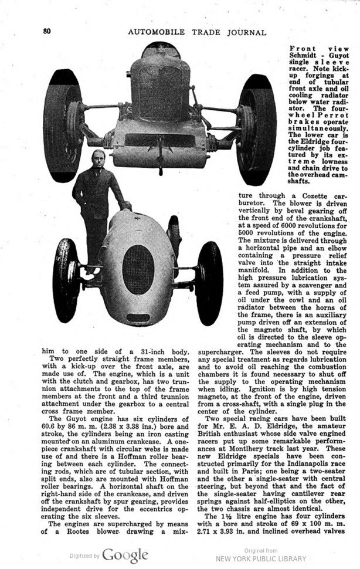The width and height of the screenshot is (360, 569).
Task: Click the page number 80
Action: coord(47,31)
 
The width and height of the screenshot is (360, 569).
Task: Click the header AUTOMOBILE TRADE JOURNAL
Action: coord(196,32)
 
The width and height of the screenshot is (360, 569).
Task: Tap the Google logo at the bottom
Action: coord(125,555)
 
